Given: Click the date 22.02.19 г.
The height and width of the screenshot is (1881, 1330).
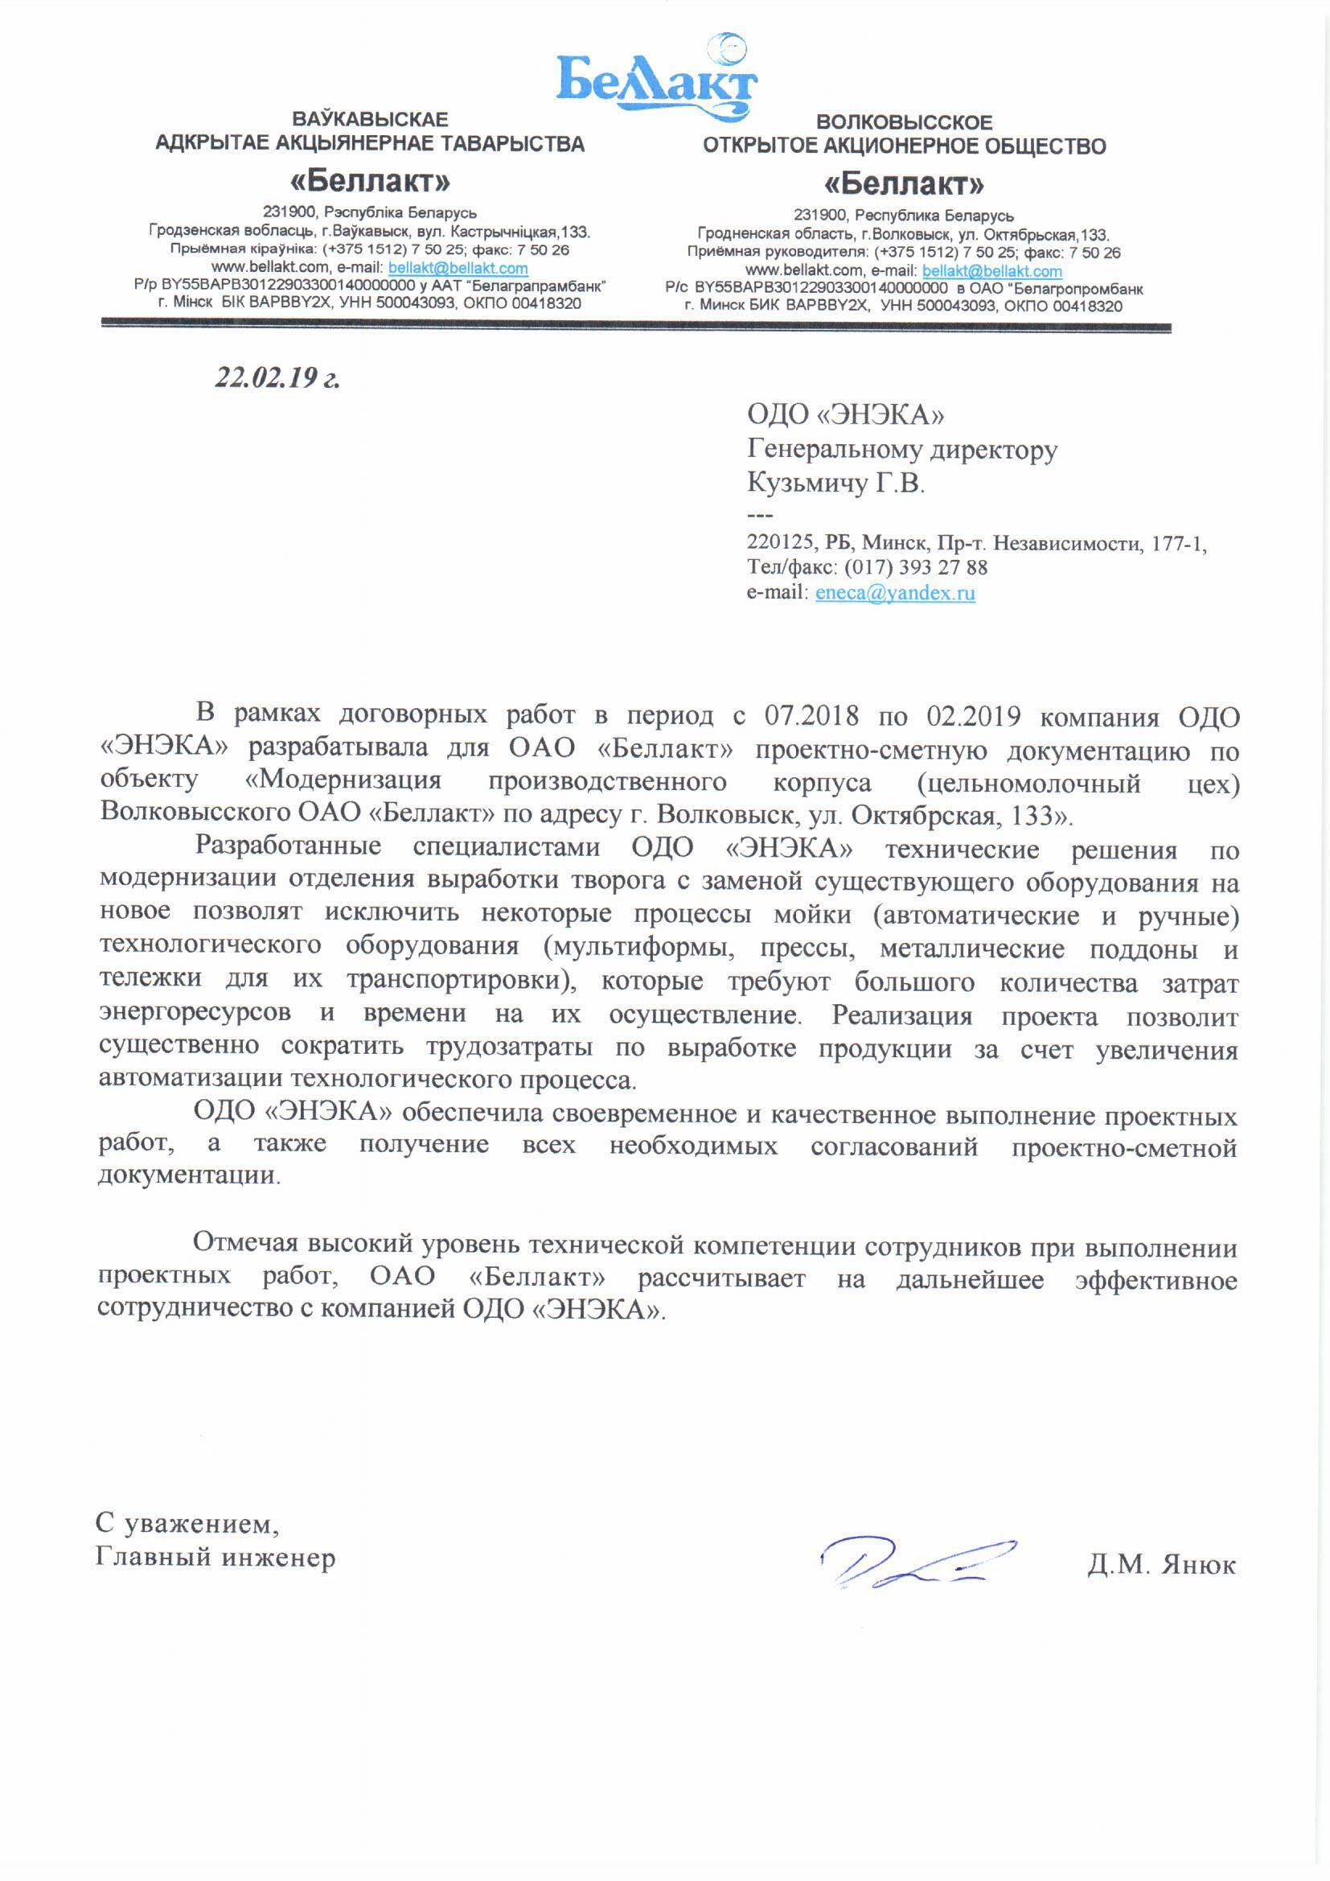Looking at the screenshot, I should coord(277,377).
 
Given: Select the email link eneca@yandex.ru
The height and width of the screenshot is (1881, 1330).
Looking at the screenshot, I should coord(894,593).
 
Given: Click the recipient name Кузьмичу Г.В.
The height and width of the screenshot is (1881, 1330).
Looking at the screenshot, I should coord(835,484).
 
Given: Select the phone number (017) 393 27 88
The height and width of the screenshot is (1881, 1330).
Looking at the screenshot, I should coord(916,567).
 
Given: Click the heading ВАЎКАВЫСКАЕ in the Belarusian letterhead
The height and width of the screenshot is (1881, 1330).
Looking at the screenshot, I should coord(369,120).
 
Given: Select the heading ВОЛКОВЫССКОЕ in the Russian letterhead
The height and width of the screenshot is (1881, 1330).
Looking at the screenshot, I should coord(904,123).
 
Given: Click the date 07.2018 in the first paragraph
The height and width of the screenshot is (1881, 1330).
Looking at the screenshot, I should coord(811,716).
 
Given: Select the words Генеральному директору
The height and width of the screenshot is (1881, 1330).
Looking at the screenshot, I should coord(901,450).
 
